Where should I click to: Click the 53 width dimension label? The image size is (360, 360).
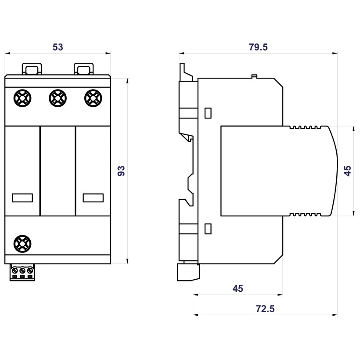point(58,47)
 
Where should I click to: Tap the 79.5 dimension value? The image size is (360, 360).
point(258,47)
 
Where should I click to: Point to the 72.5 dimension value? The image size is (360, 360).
point(265,309)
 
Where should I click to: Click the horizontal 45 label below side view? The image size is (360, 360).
point(238,288)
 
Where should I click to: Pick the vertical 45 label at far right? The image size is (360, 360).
point(348,170)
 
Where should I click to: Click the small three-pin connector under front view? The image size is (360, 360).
point(22,273)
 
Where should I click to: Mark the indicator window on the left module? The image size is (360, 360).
point(22,198)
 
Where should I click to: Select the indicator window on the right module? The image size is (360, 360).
point(93,198)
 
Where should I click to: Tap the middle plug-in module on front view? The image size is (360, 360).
point(58,170)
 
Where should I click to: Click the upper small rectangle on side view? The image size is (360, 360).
point(208,113)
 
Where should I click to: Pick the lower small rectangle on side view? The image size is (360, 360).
point(208,228)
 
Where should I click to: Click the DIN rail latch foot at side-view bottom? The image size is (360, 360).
point(188,272)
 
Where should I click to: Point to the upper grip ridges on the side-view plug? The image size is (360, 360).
point(307,128)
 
